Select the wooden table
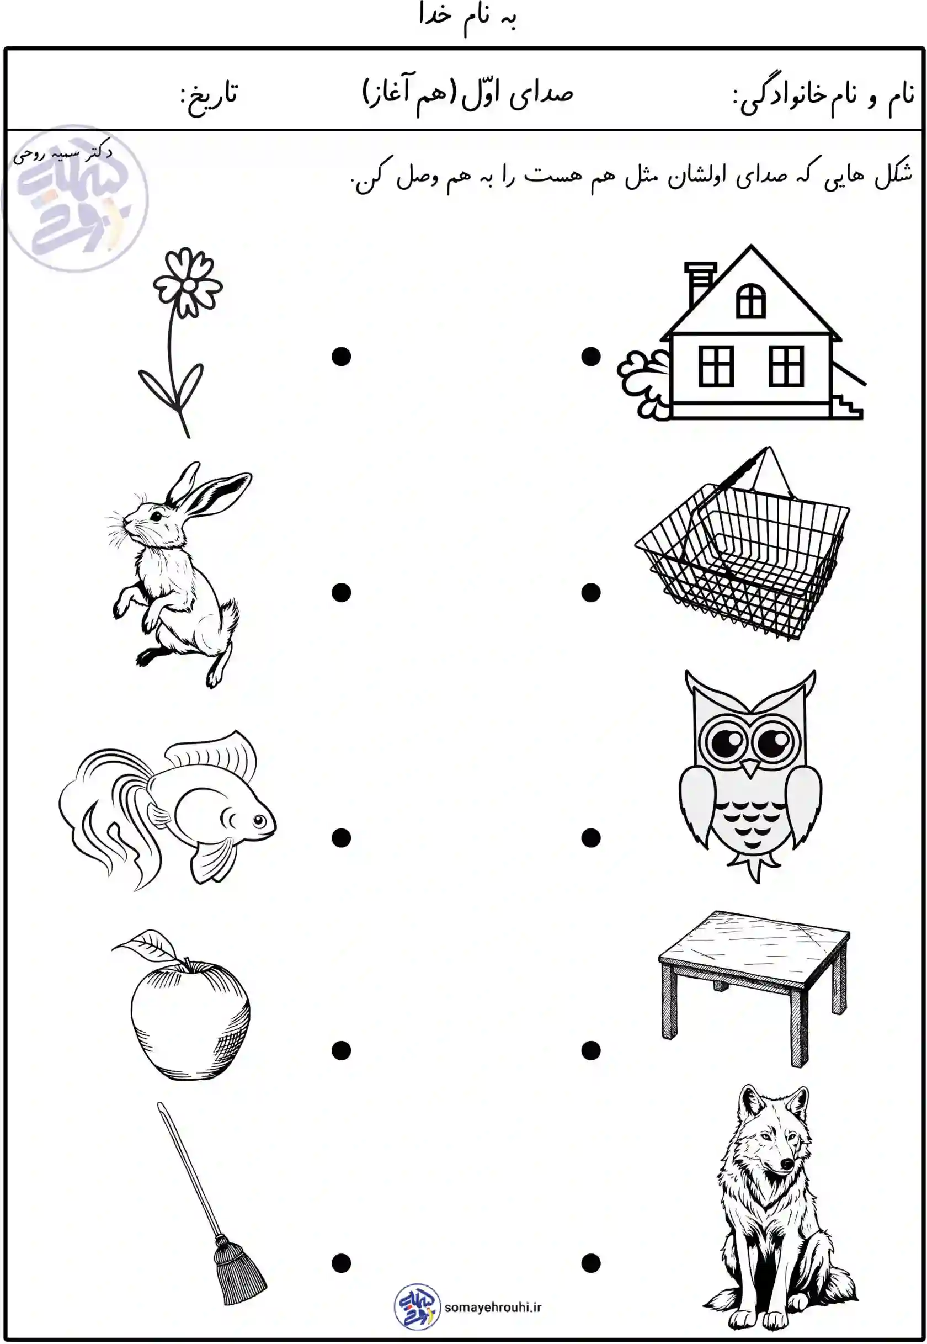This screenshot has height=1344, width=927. [x=754, y=988]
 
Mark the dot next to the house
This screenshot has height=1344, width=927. [x=591, y=356]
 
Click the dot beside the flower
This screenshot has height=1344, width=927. [x=341, y=356]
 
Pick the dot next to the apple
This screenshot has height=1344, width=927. [x=341, y=1050]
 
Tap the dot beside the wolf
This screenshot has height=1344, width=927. [x=591, y=1263]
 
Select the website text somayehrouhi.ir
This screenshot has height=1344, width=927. [x=493, y=1308]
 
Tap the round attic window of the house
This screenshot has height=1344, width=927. [x=750, y=301]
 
